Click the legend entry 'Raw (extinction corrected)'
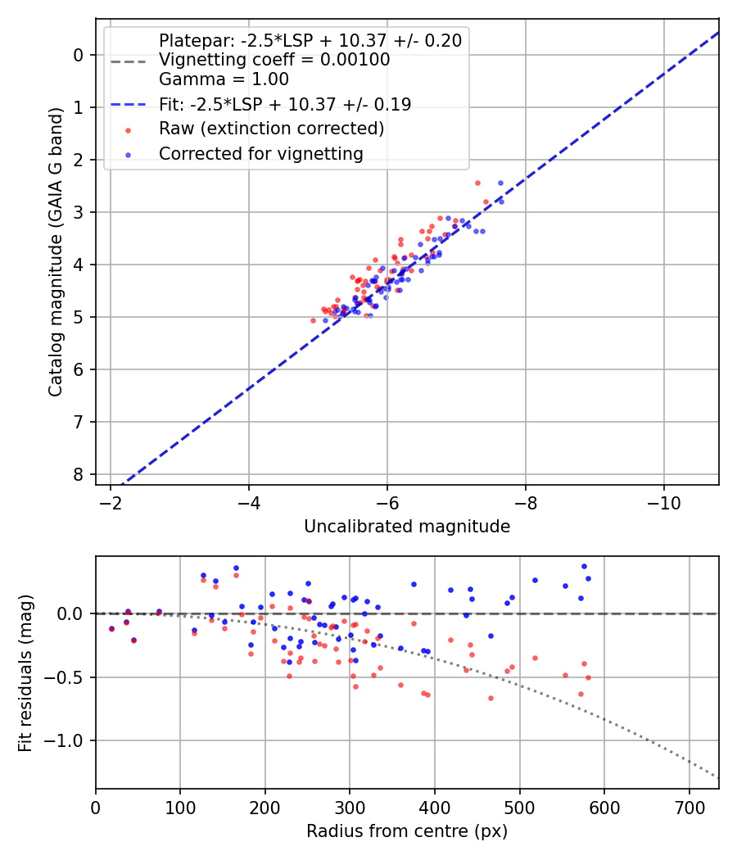[x=271, y=129]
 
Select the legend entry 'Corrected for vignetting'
[x=260, y=153]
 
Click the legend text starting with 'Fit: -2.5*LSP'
[x=285, y=104]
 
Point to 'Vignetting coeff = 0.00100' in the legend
[x=274, y=60]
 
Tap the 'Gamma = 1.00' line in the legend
[x=224, y=79]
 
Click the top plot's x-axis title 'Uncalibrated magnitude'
[x=407, y=527]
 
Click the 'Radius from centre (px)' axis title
[x=407, y=831]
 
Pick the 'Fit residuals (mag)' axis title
[x=26, y=672]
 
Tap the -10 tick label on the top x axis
[x=663, y=501]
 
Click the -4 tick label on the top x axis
[x=249, y=501]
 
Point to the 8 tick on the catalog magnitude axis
[x=79, y=474]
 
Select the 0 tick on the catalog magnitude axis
[x=79, y=55]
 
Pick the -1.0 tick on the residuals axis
[x=69, y=740]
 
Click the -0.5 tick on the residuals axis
[x=69, y=677]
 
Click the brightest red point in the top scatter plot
[x=477, y=183]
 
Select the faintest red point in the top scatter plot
[x=313, y=320]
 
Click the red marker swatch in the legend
[x=127, y=129]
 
